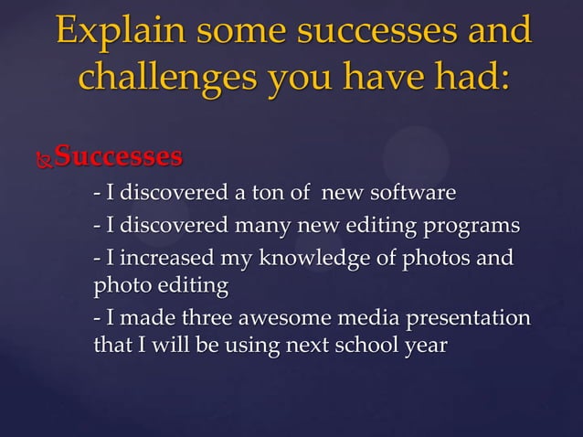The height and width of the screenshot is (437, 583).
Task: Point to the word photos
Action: click(439, 259)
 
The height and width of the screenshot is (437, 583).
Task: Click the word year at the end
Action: click(427, 348)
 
